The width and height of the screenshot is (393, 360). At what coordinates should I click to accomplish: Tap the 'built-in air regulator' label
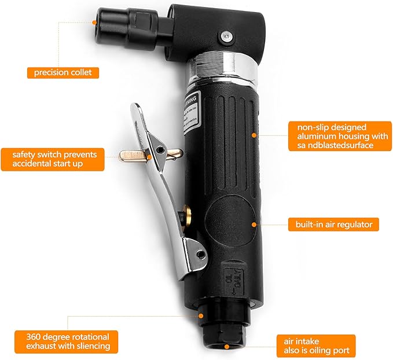click(x=333, y=224)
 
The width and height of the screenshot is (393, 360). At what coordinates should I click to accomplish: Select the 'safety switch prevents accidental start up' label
click(x=52, y=159)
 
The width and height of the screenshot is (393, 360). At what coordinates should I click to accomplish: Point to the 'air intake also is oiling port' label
click(x=313, y=346)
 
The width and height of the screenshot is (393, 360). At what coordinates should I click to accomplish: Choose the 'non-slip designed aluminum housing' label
click(x=334, y=135)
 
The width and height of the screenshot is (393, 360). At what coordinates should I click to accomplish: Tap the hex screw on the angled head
click(x=225, y=36)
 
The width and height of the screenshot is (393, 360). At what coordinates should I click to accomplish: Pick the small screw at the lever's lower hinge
click(x=200, y=254)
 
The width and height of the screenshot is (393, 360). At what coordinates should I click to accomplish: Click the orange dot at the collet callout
click(x=96, y=21)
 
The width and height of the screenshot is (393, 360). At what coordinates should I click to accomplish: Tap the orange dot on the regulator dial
click(x=254, y=222)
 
